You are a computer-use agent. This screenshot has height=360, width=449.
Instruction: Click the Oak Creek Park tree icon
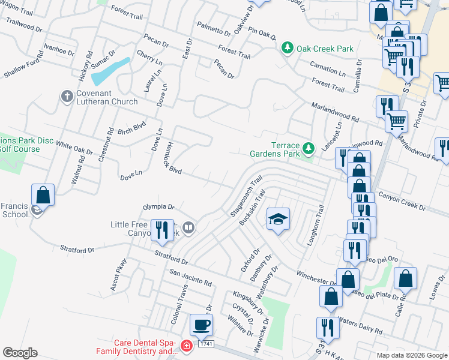[288, 48]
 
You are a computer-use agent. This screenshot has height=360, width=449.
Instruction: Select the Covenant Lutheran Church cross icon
[67, 96]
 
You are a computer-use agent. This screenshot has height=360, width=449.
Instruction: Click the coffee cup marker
[201, 325]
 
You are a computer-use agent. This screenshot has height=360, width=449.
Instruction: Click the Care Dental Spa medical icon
[187, 346]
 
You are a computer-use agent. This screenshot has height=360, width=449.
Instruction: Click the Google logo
[20, 353]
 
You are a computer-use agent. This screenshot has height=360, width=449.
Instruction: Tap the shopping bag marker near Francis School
[43, 195]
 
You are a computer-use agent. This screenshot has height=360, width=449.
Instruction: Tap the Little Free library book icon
[188, 227]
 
